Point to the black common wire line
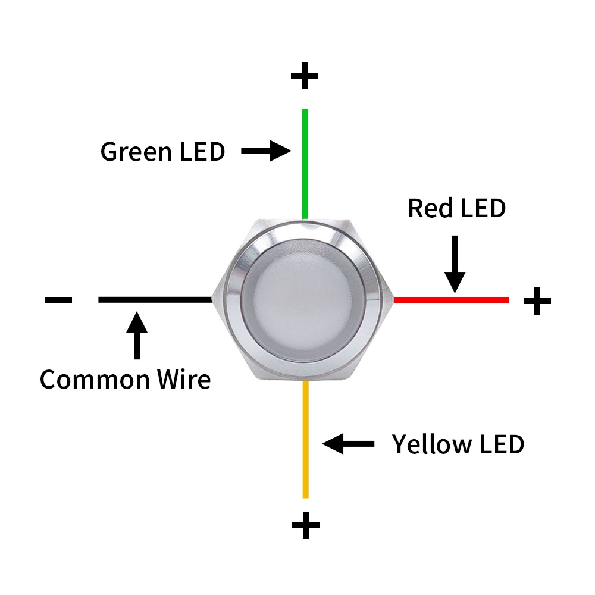[x=155, y=299]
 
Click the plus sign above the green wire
[x=305, y=76]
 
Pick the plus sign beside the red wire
[x=537, y=301]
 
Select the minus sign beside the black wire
[x=58, y=300]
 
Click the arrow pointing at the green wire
[x=265, y=151]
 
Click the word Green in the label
[x=135, y=152]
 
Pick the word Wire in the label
[x=186, y=379]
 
